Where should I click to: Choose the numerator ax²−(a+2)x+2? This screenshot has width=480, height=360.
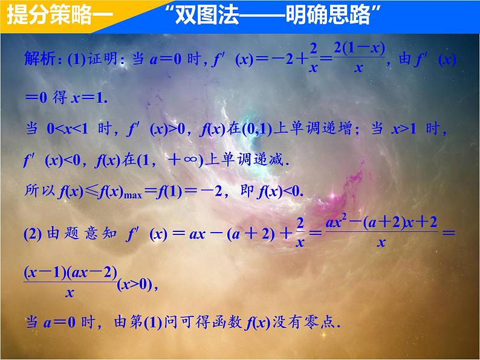pos(383,222)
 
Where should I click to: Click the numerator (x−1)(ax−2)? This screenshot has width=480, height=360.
pos(70,272)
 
